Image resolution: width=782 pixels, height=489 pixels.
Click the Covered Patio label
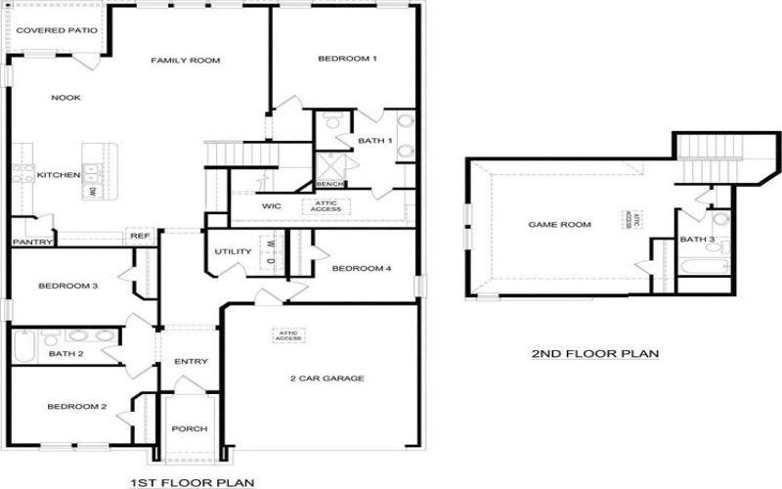click(57, 30)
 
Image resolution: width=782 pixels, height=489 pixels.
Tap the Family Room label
click(185, 61)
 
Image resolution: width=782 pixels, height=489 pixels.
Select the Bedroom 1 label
click(347, 60)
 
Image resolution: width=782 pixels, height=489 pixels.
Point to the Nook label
click(66, 97)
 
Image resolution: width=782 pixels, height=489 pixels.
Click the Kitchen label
click(58, 175)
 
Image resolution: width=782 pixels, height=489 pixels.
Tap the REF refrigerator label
click(138, 236)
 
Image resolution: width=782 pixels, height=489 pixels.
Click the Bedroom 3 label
click(67, 287)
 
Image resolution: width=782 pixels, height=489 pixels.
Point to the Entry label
click(191, 362)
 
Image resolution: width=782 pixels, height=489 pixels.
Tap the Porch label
click(189, 429)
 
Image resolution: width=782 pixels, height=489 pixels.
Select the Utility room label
click(233, 252)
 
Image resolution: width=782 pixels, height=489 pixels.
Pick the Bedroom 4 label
click(361, 268)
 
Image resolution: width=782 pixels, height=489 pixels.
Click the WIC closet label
click(272, 206)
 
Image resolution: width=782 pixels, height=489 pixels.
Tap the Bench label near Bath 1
click(328, 185)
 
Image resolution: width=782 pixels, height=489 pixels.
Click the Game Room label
click(560, 225)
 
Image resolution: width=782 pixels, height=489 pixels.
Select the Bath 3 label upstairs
click(697, 240)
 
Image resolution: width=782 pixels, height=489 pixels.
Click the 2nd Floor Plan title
click(594, 354)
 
